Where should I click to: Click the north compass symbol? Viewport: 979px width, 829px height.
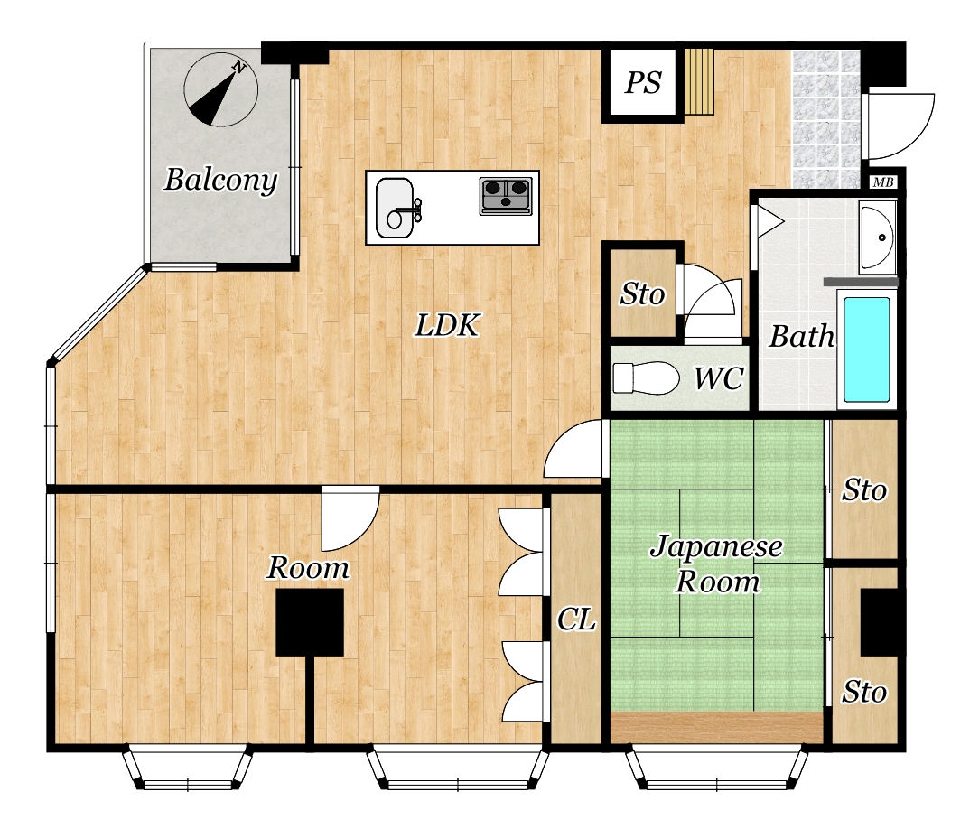click(x=220, y=90)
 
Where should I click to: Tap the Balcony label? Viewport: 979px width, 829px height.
click(x=221, y=180)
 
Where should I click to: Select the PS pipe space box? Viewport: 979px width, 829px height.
click(x=643, y=82)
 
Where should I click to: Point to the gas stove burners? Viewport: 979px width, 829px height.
click(x=506, y=196)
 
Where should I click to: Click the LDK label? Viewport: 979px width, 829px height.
click(x=447, y=325)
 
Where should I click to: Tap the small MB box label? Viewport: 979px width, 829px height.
click(x=883, y=182)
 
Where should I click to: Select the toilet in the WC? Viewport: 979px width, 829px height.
click(x=646, y=377)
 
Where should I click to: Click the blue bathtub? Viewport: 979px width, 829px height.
click(x=867, y=349)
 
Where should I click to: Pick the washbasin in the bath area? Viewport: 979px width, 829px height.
click(x=877, y=238)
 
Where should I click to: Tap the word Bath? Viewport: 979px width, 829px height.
click(x=802, y=337)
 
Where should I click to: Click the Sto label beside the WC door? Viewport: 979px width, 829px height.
click(x=642, y=294)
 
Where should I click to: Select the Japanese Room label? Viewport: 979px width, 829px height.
click(x=717, y=564)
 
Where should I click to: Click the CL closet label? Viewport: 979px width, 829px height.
click(x=576, y=619)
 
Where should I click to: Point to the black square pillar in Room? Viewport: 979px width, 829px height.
click(x=310, y=622)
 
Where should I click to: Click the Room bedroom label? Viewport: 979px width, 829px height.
click(x=309, y=567)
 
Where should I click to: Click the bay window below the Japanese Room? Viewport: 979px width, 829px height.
click(x=717, y=767)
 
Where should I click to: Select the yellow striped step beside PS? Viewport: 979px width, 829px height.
click(x=699, y=82)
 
